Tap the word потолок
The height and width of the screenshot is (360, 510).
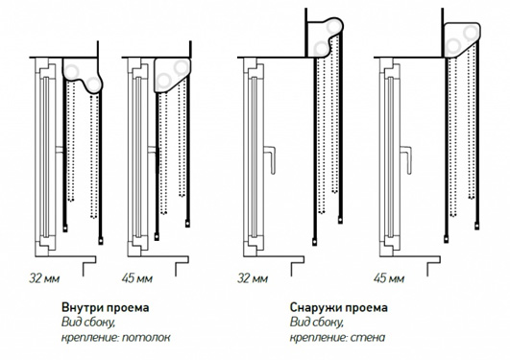click(x=146, y=337)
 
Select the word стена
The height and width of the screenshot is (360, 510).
click(x=368, y=337)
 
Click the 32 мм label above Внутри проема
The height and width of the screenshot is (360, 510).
click(x=44, y=278)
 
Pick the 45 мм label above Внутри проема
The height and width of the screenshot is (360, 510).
click(x=137, y=278)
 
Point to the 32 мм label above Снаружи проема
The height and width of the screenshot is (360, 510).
click(x=253, y=278)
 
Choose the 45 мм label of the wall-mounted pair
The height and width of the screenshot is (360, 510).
click(x=389, y=278)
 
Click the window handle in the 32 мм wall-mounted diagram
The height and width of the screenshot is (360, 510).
click(x=271, y=159)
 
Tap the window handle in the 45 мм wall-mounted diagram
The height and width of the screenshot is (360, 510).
click(x=407, y=159)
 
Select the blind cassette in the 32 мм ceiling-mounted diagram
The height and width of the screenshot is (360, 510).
click(x=82, y=74)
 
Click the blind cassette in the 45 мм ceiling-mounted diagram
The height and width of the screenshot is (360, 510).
click(x=172, y=75)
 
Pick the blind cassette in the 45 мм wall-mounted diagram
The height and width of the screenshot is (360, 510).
click(x=462, y=39)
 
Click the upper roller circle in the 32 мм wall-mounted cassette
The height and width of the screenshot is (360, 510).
click(x=334, y=27)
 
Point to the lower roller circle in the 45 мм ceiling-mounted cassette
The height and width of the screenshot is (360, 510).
click(x=163, y=81)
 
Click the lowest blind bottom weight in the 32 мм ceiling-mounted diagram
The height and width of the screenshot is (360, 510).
click(x=101, y=241)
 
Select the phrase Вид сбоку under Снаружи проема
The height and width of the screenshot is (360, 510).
click(x=317, y=323)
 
